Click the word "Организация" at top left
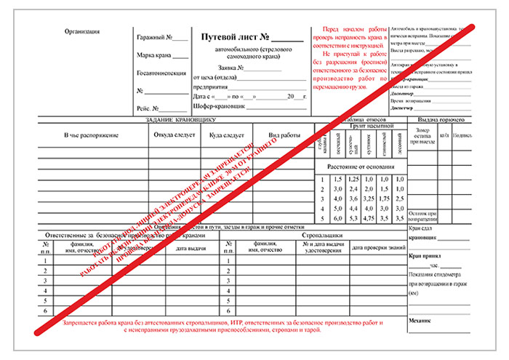click(81, 31)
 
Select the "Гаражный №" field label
click(153, 38)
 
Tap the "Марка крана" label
click(154, 55)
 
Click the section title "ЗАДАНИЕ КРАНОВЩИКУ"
click(180, 119)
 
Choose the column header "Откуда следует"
click(172, 135)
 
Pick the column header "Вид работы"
click(284, 135)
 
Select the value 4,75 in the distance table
click(370, 217)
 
